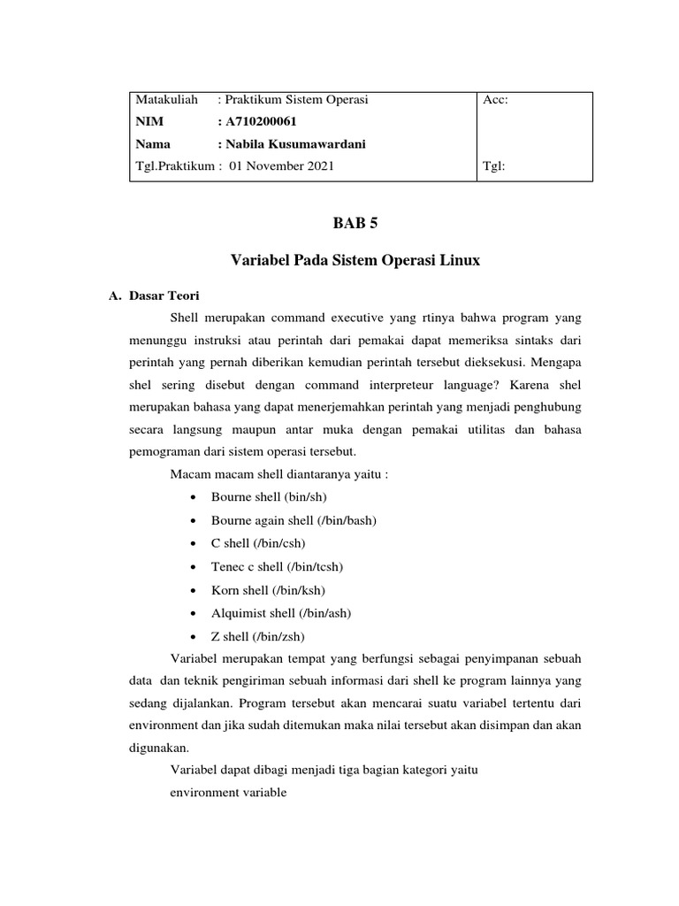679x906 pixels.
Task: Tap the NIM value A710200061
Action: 269,122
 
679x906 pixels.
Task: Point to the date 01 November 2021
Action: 281,166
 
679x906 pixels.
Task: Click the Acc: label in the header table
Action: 496,100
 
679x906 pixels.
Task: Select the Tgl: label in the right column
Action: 494,166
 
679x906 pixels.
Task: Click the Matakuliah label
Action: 166,100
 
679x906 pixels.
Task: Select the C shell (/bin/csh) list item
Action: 258,543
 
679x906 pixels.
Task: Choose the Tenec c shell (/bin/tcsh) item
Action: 276,566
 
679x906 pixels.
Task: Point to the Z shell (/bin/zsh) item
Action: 258,635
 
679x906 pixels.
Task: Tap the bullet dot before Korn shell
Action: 193,589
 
